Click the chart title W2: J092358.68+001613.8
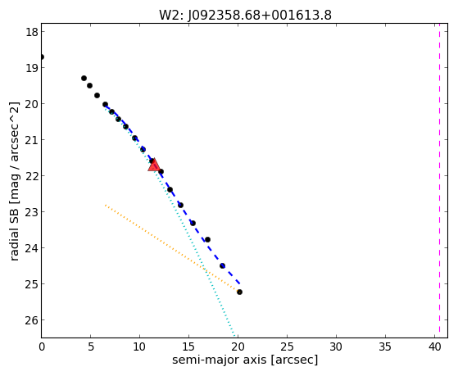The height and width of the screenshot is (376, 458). (245, 15)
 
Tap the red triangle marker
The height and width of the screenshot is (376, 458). (154, 165)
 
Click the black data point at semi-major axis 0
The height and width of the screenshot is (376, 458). (42, 57)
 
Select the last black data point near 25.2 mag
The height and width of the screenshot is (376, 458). (239, 292)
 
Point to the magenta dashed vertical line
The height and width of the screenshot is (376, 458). (439, 180)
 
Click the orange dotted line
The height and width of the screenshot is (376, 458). (172, 248)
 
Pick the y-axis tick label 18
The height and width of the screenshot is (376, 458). (32, 32)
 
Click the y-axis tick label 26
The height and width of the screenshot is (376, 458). (32, 320)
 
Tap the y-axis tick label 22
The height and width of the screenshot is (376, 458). (32, 176)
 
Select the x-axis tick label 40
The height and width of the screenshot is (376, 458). (434, 347)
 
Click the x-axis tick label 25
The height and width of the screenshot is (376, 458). (287, 347)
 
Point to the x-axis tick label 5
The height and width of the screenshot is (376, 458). (91, 347)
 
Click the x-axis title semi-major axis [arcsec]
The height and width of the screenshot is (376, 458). (245, 360)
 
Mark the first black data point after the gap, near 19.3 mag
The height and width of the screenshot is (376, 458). (84, 78)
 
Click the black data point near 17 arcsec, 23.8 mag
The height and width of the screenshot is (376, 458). (207, 239)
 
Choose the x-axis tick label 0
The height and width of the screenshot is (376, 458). (42, 347)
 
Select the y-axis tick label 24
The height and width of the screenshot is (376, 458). (32, 248)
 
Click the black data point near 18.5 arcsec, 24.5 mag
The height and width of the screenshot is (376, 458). (222, 265)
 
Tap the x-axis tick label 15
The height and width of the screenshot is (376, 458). (188, 347)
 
